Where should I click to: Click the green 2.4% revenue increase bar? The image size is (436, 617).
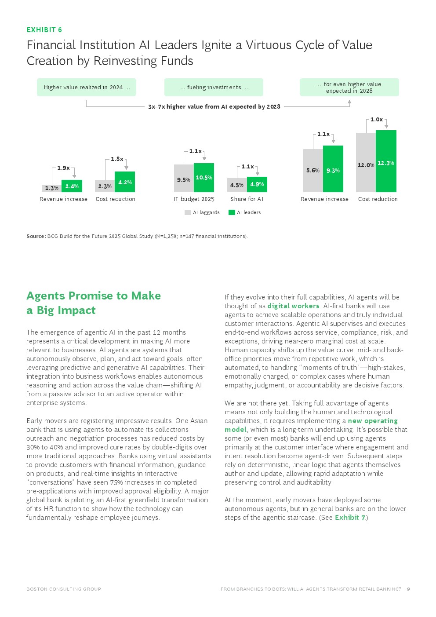pos(72,186)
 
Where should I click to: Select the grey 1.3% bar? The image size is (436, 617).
pos(52,188)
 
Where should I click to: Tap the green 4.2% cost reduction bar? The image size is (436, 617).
pos(125,182)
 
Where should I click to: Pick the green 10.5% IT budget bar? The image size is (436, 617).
pos(203,178)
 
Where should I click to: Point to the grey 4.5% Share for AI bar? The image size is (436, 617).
pos(237,185)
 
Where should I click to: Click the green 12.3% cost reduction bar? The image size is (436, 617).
pos(386,161)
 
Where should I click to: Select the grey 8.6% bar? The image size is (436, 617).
pos(313,171)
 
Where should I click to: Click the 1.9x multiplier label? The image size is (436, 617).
pos(63,168)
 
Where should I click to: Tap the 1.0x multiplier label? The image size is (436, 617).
pos(377,119)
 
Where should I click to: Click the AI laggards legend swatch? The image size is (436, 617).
pos(188,212)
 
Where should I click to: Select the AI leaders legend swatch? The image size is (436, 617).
pos(232,212)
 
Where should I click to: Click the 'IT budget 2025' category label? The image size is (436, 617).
pos(194,199)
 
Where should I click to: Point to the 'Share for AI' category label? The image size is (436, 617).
pos(247,199)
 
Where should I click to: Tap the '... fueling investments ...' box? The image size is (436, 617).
pos(214,88)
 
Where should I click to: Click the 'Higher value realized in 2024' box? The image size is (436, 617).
pos(87,88)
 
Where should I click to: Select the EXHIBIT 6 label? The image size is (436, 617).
pos(44,30)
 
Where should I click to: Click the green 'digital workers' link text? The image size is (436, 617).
pos(294,306)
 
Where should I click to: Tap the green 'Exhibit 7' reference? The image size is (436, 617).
pos(350,517)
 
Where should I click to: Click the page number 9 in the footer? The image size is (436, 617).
pos(408,589)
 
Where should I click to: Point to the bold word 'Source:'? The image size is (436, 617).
pos(36,236)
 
